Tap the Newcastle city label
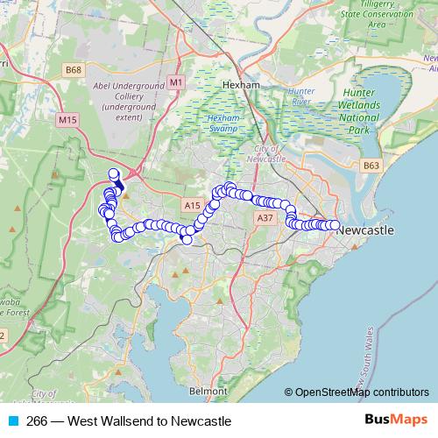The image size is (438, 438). coord(365,230)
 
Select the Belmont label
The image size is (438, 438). coord(208,391)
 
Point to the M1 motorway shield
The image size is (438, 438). coord(177,81)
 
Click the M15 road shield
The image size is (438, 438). coord(67,118)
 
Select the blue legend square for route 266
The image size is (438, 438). coord(12,420)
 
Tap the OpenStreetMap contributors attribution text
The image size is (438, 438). coord(362,392)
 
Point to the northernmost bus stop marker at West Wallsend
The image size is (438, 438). coord(113,173)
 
